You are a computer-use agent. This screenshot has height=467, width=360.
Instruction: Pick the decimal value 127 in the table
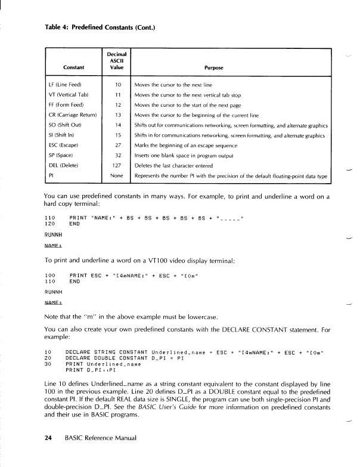pos(118,165)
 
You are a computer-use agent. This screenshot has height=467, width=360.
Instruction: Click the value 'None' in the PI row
pos(117,175)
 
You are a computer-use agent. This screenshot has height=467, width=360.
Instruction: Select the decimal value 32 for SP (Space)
pos(118,155)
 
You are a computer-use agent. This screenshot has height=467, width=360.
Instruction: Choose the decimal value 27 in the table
pos(118,145)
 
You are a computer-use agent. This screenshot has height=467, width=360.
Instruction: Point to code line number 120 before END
pos(50,224)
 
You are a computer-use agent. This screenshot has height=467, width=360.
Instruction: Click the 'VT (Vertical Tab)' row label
pos(68,95)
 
